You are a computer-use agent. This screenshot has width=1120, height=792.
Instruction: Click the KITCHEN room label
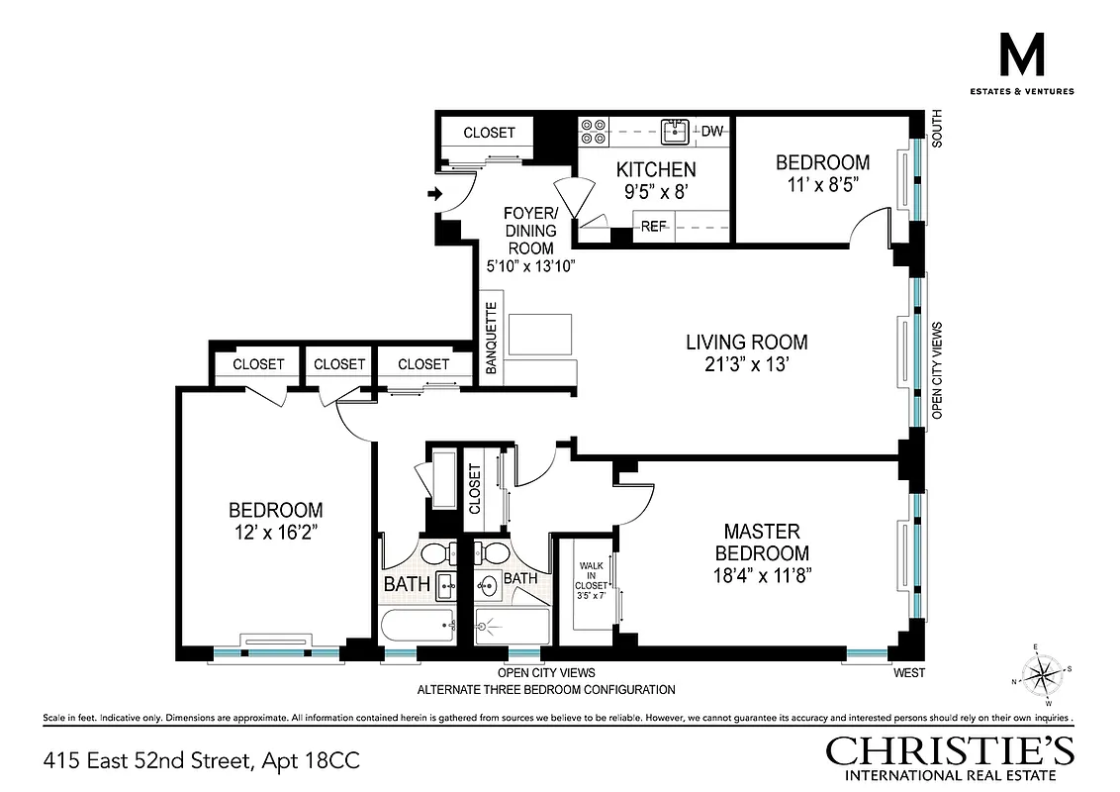tap(656, 169)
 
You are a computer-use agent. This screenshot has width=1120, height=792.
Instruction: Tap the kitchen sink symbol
tap(677, 130)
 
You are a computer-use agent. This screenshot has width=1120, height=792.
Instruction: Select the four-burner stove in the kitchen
tap(594, 133)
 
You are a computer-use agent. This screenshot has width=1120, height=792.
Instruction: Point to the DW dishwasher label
tap(711, 131)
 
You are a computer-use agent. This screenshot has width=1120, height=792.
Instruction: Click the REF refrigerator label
tap(653, 227)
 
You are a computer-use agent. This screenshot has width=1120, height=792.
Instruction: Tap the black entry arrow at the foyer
tap(434, 194)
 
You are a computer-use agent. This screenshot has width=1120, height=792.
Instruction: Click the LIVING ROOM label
tap(747, 343)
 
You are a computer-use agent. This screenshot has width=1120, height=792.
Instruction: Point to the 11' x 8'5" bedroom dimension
tap(822, 183)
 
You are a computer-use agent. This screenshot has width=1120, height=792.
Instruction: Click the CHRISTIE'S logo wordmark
tap(950, 749)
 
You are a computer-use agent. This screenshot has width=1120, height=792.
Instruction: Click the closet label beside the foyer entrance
tap(489, 133)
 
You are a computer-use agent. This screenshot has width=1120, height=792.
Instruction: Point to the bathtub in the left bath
tap(419, 626)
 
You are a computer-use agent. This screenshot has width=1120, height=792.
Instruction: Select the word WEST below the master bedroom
tap(908, 674)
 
